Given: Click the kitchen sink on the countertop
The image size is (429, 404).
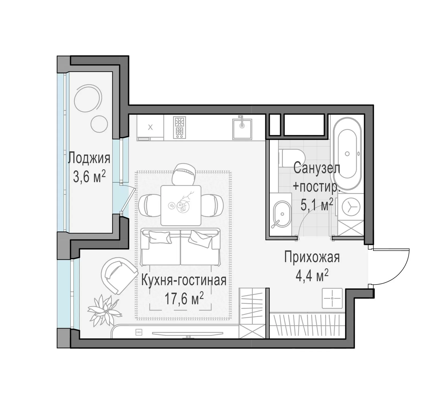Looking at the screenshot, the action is click(x=242, y=129).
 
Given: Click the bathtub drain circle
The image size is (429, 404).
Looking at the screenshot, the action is click(x=347, y=154).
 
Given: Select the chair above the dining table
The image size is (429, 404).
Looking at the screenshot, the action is click(x=184, y=174).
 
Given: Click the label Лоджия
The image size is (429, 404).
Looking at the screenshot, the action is click(x=89, y=158).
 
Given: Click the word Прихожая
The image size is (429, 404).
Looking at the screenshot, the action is click(x=312, y=257).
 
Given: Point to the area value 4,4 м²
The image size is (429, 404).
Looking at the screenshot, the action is click(x=312, y=276).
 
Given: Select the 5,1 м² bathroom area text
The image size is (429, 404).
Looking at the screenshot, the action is click(x=317, y=205).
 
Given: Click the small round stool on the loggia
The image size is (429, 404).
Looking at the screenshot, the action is click(x=99, y=124).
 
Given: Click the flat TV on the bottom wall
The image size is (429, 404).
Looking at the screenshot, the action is click(x=187, y=334).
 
